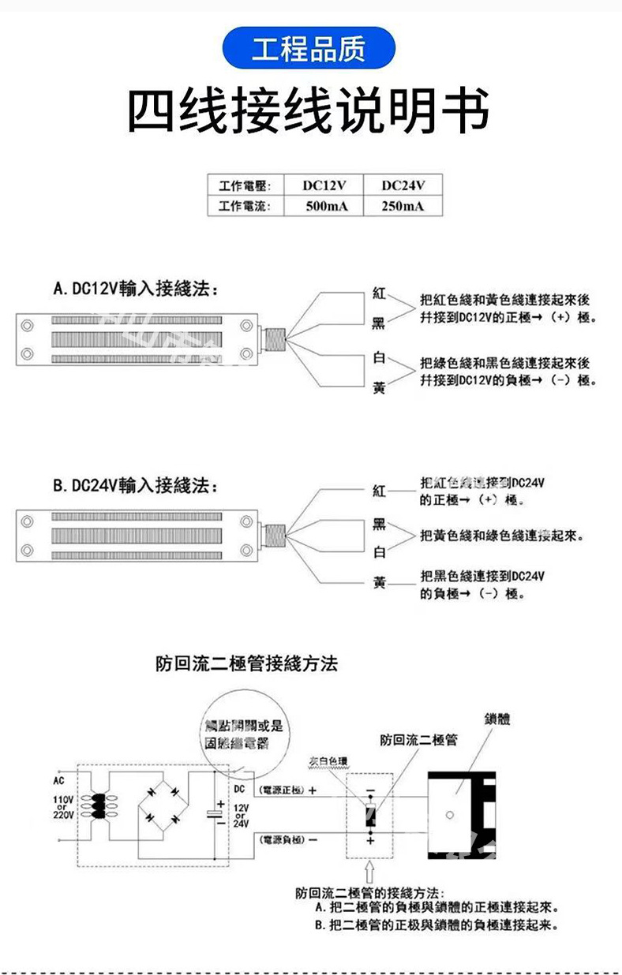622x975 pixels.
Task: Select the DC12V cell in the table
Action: [324, 186]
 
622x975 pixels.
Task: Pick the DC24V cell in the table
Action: [403, 186]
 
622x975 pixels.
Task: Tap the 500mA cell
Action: [324, 207]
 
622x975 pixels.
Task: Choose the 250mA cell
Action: [403, 207]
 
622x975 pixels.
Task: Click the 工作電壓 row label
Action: [245, 186]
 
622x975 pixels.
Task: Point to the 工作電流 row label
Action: [245, 207]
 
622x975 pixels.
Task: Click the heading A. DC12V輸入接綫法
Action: [136, 289]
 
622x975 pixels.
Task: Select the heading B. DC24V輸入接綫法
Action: [136, 484]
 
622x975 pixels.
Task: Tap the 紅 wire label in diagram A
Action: [379, 293]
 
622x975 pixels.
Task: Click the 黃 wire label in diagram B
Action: [379, 583]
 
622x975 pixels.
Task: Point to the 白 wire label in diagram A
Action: [379, 359]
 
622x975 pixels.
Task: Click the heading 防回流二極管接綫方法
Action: [246, 663]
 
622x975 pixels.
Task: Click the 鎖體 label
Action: [497, 719]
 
